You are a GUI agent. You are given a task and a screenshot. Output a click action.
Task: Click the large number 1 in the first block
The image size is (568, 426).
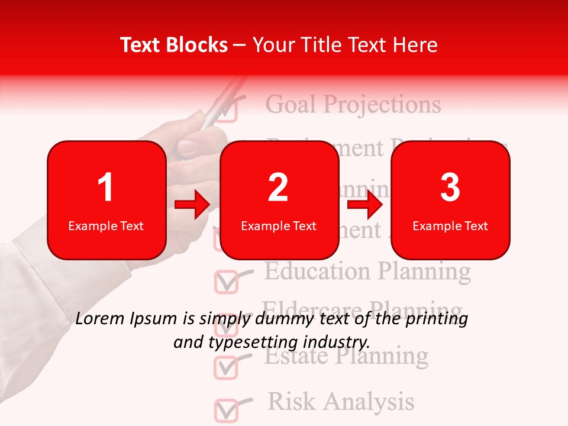click(105, 188)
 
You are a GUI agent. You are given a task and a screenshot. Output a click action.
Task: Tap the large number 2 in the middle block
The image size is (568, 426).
click(278, 188)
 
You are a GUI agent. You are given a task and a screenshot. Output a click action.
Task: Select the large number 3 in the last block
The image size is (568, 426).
click(450, 188)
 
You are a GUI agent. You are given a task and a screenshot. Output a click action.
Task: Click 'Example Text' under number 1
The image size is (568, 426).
click(106, 225)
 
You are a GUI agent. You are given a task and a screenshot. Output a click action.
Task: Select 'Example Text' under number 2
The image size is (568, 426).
click(279, 225)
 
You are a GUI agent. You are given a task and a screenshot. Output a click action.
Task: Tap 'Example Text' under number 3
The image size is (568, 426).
click(450, 225)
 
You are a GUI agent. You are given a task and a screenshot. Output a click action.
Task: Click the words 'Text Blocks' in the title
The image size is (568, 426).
click(174, 45)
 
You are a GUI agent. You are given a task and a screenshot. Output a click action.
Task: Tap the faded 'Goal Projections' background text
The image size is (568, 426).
click(353, 105)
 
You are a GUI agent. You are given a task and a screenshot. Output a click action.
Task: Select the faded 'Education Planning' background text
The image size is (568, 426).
click(367, 272)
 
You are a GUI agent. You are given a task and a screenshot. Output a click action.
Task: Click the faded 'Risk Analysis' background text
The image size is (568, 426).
click(341, 401)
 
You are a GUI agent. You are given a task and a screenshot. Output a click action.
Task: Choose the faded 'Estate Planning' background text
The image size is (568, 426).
click(346, 356)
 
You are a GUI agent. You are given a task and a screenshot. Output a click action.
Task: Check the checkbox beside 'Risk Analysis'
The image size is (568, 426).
click(225, 410)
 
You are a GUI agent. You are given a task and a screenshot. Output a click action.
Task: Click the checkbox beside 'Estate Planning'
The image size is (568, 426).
click(225, 367)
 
